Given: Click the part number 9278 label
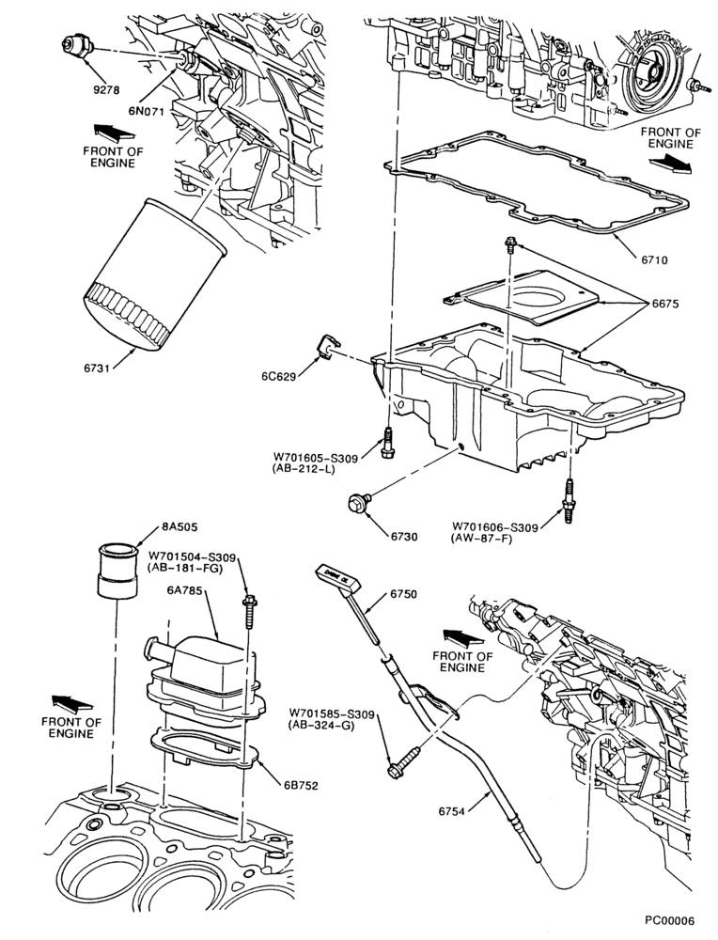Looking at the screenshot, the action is point(106,90).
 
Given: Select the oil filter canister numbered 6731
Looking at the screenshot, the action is point(154,274).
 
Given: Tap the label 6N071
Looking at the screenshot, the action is point(147,110).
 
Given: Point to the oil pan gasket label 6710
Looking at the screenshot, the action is point(653,260).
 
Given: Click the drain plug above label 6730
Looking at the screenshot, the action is point(359,503).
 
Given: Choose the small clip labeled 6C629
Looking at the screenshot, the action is point(328,349).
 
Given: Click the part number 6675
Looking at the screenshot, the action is point(665,304).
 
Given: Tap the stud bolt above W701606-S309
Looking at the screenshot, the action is point(568,499).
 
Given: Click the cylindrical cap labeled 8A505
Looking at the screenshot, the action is point(117,571).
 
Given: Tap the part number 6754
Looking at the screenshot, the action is point(452,811).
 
